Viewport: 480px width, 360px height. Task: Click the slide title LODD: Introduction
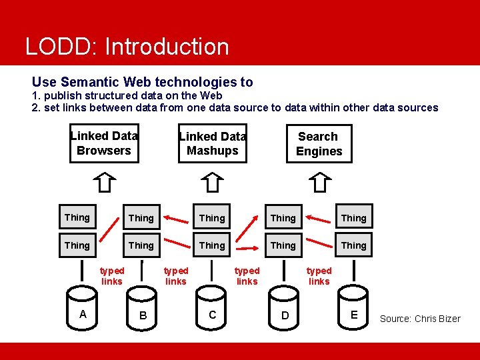[x=127, y=47]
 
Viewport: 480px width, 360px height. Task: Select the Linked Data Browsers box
[x=104, y=143]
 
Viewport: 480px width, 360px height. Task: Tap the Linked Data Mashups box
[x=213, y=143]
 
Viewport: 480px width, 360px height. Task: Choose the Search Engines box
[x=319, y=144]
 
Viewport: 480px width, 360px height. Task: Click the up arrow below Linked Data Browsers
[x=105, y=181]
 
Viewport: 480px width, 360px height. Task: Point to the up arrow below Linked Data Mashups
[x=212, y=181]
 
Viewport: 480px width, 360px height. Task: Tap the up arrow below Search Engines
[x=321, y=181]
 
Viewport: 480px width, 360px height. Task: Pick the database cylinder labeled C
[x=213, y=314]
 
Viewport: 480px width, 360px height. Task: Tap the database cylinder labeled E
[x=354, y=314]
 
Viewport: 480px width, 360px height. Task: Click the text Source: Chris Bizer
[x=420, y=319]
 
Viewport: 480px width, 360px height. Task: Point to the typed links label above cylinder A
[x=112, y=276]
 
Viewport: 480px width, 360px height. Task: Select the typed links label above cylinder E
[x=319, y=276]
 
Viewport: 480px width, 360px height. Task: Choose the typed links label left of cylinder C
[x=176, y=276]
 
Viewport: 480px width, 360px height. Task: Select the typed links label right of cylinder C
[x=247, y=276]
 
